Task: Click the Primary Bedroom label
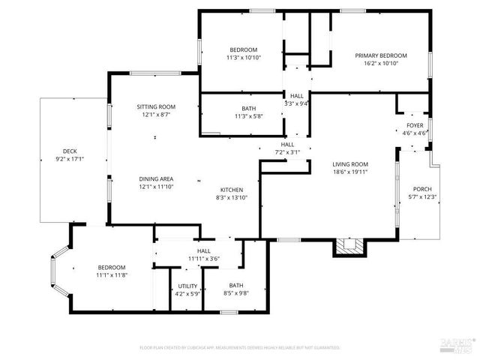(x=381, y=56)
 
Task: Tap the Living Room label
(x=351, y=164)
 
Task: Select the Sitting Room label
(x=155, y=107)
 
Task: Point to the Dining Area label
(x=156, y=178)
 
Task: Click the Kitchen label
(x=231, y=190)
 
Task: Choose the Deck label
(x=70, y=151)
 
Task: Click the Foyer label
(x=415, y=125)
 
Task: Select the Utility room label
(x=187, y=286)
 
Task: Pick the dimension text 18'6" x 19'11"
(x=351, y=172)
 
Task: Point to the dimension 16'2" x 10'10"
(x=381, y=64)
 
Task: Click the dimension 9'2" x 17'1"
(x=70, y=159)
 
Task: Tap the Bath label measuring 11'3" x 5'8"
(x=248, y=109)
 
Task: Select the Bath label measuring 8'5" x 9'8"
(x=236, y=286)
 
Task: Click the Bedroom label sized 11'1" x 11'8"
(x=111, y=268)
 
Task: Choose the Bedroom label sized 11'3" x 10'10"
(x=243, y=49)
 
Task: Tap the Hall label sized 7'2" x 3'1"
(x=288, y=144)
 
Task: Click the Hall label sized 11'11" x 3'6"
(x=203, y=251)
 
